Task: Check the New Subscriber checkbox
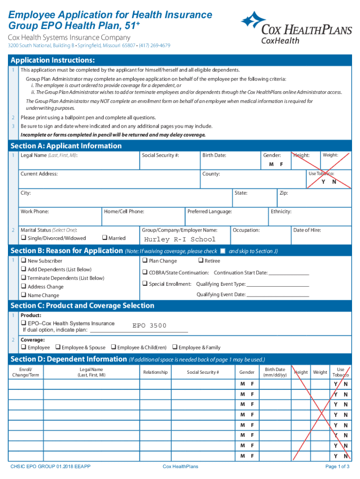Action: pos(23,261)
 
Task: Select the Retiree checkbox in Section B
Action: pos(201,261)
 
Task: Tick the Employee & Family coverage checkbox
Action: pos(174,347)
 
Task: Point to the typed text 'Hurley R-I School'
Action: pos(180,239)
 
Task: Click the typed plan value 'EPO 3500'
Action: pos(149,326)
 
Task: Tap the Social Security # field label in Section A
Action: pos(160,155)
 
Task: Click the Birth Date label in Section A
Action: pos(214,155)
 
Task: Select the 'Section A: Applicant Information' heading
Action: pos(66,145)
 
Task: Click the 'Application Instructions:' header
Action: pos(53,60)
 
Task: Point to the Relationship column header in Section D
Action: pos(155,372)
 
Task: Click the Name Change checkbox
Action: pos(23,295)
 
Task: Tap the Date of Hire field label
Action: pos(307,230)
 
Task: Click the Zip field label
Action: pos(283,193)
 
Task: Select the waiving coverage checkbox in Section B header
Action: pos(223,251)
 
